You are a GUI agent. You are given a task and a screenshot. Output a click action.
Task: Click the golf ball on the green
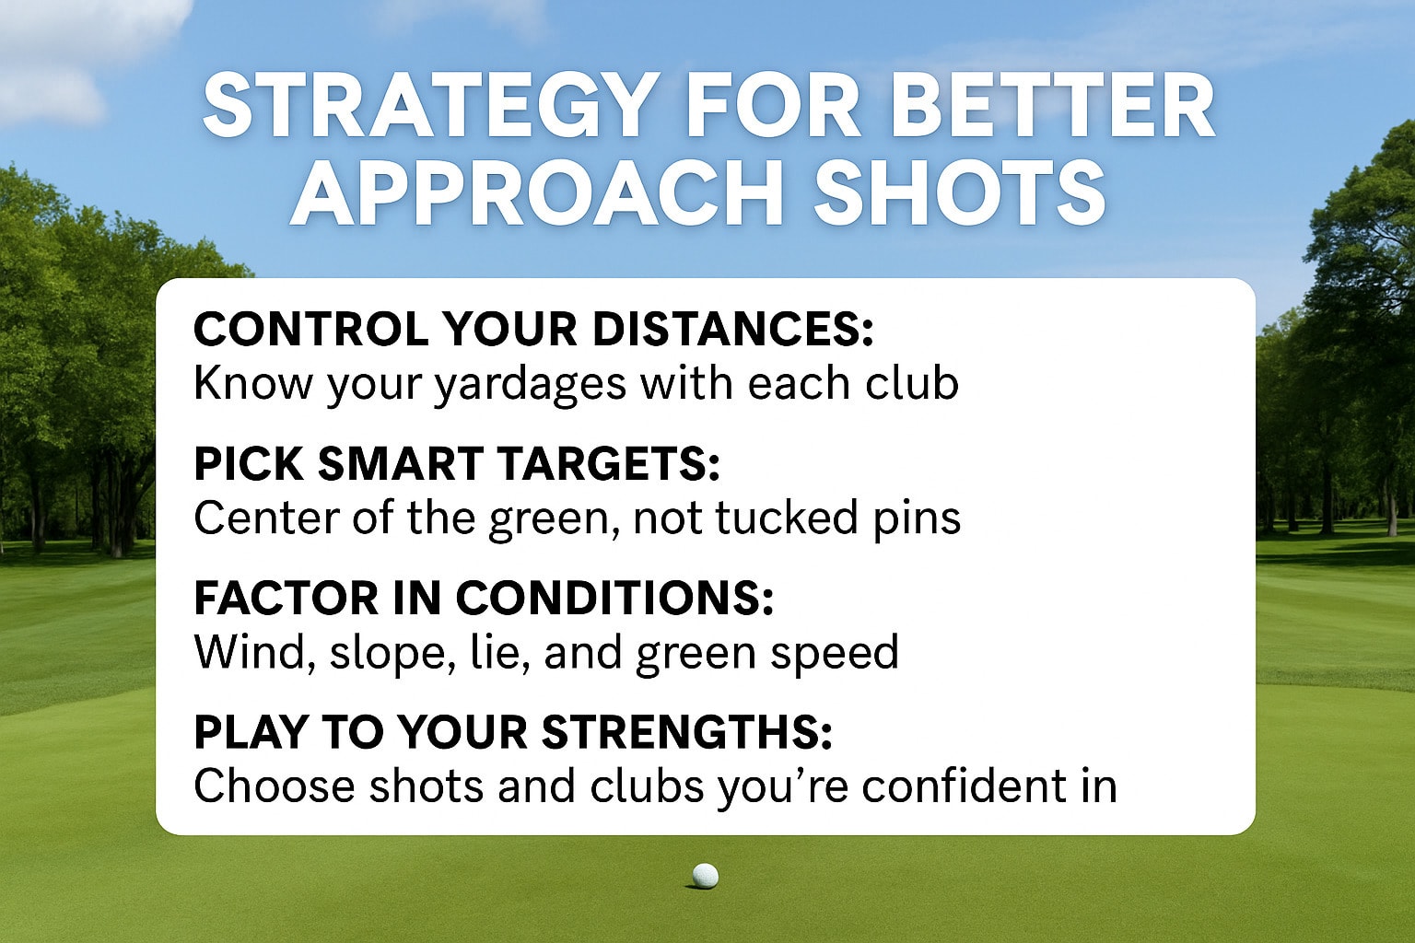coord(705,875)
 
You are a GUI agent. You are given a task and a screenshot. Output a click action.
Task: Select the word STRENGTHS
coord(686,732)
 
